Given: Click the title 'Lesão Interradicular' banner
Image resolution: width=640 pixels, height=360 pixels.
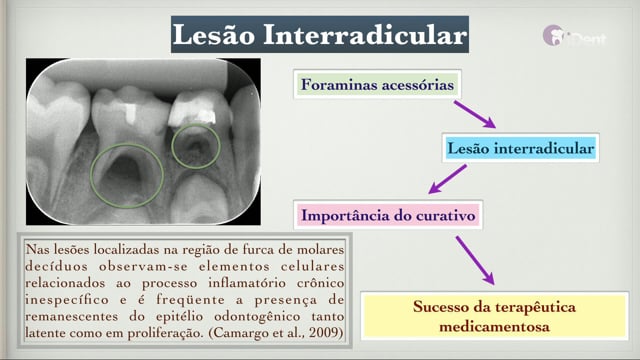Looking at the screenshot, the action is (320, 35).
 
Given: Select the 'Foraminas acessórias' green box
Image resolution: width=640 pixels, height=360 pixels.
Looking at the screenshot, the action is (377, 84).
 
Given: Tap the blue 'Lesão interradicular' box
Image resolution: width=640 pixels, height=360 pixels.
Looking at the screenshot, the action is (520, 148).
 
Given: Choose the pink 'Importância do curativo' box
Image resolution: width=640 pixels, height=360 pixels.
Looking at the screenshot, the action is (388, 215).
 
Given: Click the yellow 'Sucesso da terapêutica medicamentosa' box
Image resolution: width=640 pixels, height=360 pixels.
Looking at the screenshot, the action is (494, 316).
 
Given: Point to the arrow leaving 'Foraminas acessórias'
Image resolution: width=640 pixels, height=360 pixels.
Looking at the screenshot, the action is (475, 115).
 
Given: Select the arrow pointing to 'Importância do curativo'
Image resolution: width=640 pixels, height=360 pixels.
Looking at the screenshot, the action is (447, 179).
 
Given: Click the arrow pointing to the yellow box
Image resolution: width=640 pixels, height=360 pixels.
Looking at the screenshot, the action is (475, 260).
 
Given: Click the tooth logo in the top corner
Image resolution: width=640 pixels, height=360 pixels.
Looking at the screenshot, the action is (554, 36).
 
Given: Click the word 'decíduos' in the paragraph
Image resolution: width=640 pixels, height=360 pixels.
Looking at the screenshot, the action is (56, 266).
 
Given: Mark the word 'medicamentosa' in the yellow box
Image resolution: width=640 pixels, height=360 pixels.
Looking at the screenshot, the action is (494, 327).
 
